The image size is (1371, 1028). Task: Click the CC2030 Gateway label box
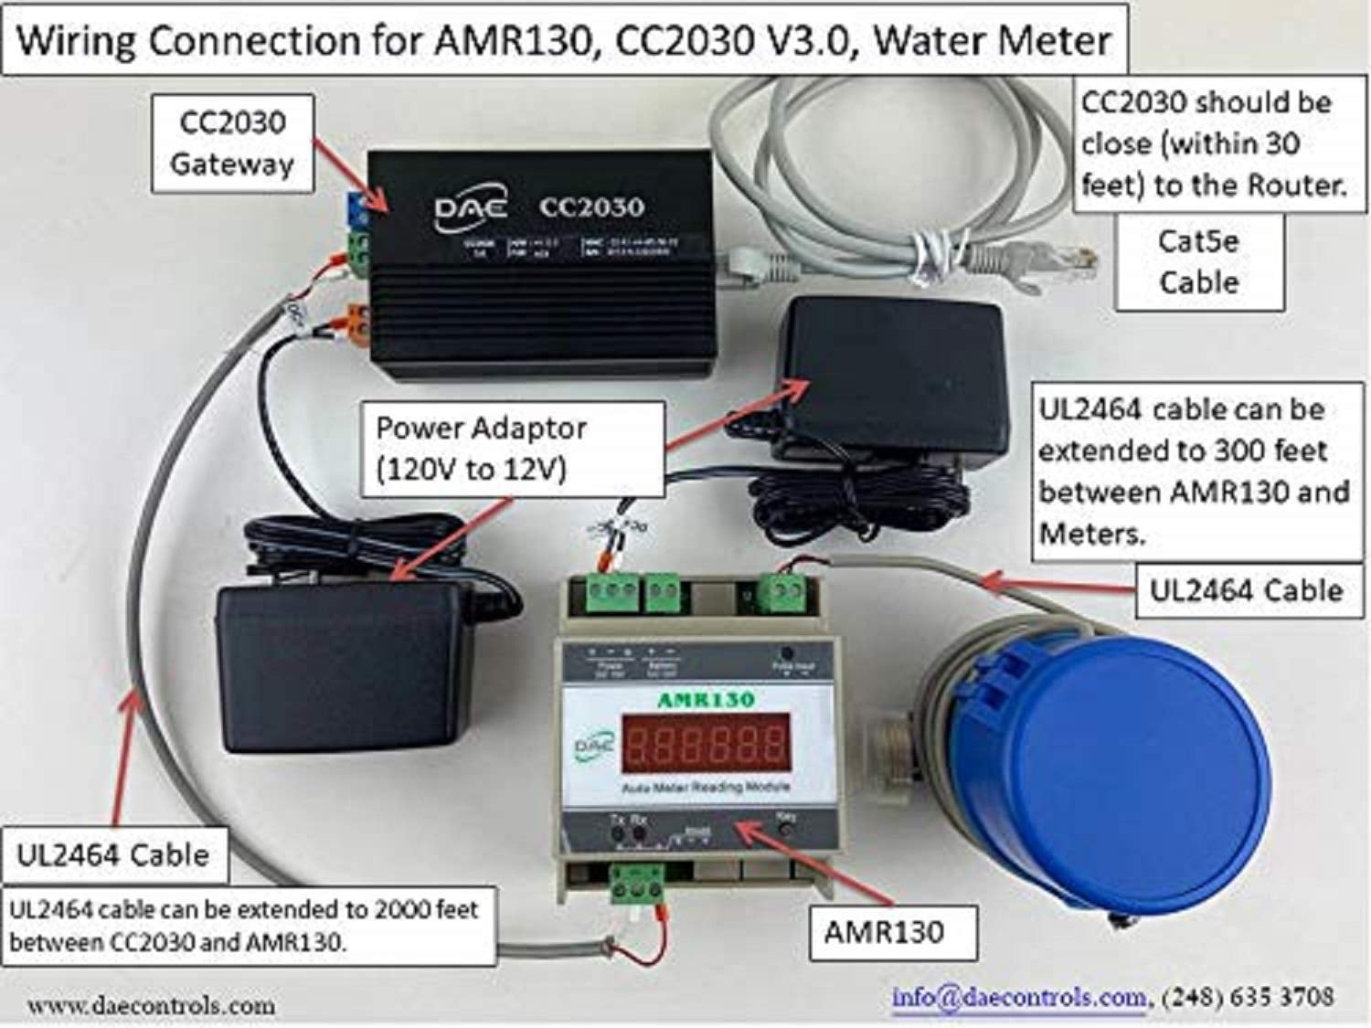tap(232, 143)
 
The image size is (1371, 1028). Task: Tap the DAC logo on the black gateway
tap(469, 210)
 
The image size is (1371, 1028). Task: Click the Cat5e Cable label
tap(1198, 261)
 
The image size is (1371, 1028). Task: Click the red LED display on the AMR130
tap(706, 741)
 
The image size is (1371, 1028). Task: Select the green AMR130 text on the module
tap(706, 700)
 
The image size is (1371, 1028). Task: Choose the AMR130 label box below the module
tap(883, 932)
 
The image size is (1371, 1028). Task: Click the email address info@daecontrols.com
tap(1018, 997)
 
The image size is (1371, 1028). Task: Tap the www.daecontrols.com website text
tap(151, 1005)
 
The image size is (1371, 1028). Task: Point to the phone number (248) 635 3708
tap(1248, 997)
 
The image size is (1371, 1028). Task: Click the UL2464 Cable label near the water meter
tap(1246, 590)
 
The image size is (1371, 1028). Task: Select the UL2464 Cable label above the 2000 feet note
tap(112, 855)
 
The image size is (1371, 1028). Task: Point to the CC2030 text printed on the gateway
tap(591, 207)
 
